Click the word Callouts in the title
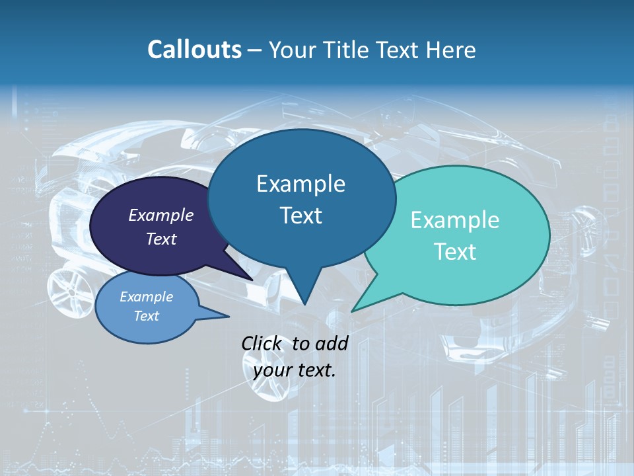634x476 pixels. pos(194,50)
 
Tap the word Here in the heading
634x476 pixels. pos(451,50)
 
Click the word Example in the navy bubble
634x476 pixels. pos(161,215)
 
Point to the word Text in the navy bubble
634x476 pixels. pos(161,239)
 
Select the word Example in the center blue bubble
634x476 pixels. pos(300,184)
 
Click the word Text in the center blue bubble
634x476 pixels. pos(300,216)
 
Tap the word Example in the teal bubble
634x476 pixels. pos(455,220)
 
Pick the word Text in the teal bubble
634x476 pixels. pos(455,252)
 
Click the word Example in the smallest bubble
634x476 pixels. pos(147,297)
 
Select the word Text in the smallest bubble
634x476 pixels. pos(147,316)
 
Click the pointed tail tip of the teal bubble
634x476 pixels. pos(352,311)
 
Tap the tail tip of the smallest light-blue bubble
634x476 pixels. pos(229,317)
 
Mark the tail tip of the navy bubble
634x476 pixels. pos(252,280)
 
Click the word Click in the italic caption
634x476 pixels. pos(263,343)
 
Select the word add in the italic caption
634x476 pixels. pos(332,343)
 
